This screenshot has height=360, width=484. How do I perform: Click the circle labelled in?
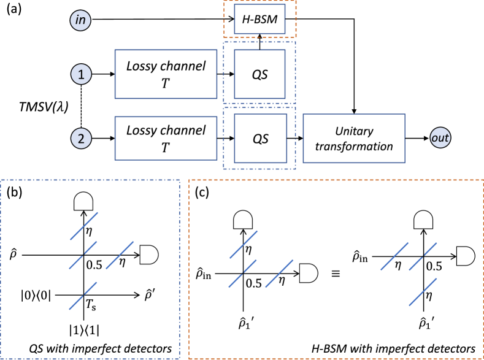point(80,20)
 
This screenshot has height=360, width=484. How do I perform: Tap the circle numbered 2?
point(80,139)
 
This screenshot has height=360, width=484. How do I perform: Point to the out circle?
point(440,139)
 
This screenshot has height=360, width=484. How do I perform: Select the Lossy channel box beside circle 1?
point(166,74)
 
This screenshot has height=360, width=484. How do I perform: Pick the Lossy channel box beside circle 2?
point(166,139)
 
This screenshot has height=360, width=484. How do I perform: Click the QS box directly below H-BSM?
point(260,74)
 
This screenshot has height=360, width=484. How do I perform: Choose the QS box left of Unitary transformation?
point(260,139)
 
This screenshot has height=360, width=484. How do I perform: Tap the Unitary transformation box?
point(354,139)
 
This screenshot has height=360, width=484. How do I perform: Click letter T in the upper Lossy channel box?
point(165,84)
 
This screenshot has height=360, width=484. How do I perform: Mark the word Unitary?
point(355,131)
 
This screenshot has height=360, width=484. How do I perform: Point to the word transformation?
point(355,147)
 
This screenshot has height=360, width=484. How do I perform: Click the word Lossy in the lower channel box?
point(142,131)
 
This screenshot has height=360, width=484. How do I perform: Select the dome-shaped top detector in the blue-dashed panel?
point(83,201)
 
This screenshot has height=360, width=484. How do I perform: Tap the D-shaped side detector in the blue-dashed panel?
point(148,255)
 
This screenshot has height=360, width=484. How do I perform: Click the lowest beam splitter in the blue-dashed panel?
point(83,296)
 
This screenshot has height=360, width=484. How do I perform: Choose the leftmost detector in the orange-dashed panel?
point(243,220)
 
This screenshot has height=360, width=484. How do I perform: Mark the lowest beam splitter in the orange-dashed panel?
point(423,292)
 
